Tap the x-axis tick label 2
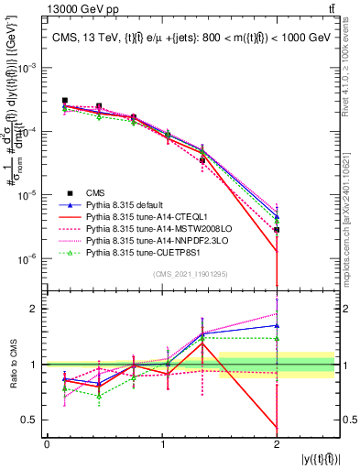click(x=276, y=444)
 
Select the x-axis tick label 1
click(x=161, y=444)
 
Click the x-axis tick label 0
click(x=47, y=444)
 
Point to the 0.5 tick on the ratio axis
click(x=32, y=420)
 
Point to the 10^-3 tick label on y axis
click(x=27, y=69)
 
